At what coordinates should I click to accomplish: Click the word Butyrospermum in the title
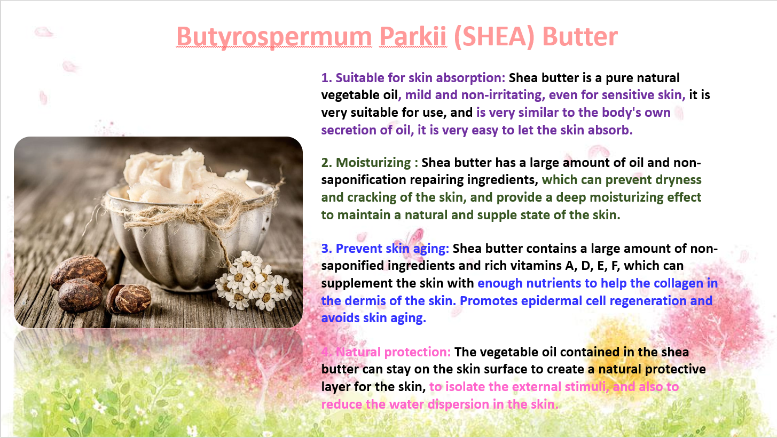pyautogui.click(x=274, y=37)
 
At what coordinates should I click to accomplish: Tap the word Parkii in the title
pyautogui.click(x=413, y=36)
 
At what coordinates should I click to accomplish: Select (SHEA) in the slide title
pyautogui.click(x=495, y=37)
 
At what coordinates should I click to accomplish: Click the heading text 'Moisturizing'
pyautogui.click(x=373, y=163)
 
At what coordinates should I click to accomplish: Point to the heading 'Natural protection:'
pyautogui.click(x=394, y=352)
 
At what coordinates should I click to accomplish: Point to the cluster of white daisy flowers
pyautogui.click(x=254, y=281)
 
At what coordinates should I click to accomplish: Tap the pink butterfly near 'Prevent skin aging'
pyautogui.click(x=413, y=241)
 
